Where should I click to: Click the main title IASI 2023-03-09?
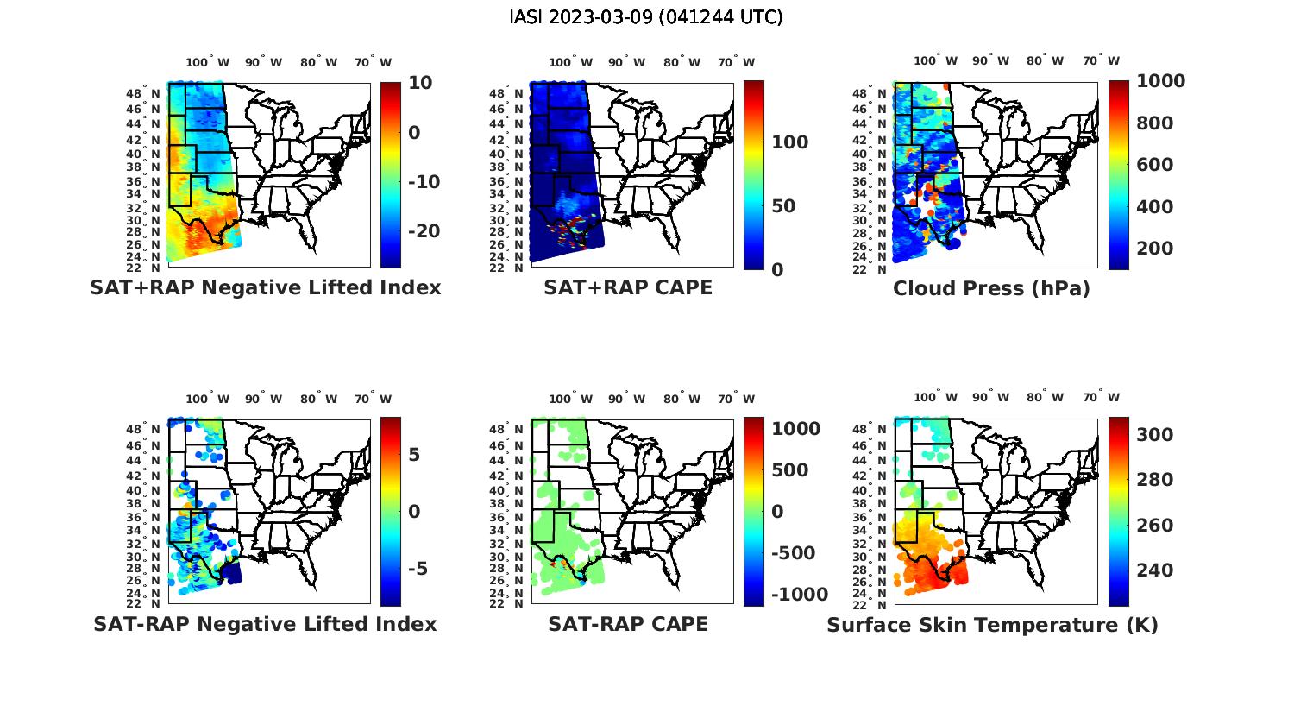[x=646, y=17]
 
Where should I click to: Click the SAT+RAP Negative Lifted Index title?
[x=266, y=287]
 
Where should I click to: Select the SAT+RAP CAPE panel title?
[x=628, y=287]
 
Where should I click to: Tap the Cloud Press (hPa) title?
[x=991, y=288]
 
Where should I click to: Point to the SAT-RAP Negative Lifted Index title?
[x=265, y=624]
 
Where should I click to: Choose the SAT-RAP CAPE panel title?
[x=628, y=624]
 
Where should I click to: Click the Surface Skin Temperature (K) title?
[x=992, y=625]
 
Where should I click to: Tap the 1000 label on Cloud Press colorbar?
[x=1160, y=81]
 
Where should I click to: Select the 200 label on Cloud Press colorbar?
[x=1155, y=249]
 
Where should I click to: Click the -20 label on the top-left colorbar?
[x=424, y=231]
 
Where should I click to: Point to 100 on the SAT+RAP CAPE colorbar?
[x=790, y=142]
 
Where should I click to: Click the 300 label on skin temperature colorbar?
[x=1155, y=435]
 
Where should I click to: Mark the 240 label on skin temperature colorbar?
[x=1155, y=570]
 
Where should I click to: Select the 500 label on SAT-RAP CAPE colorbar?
[x=789, y=470]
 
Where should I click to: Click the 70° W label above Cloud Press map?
[x=1101, y=61]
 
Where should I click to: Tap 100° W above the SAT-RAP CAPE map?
[x=570, y=399]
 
